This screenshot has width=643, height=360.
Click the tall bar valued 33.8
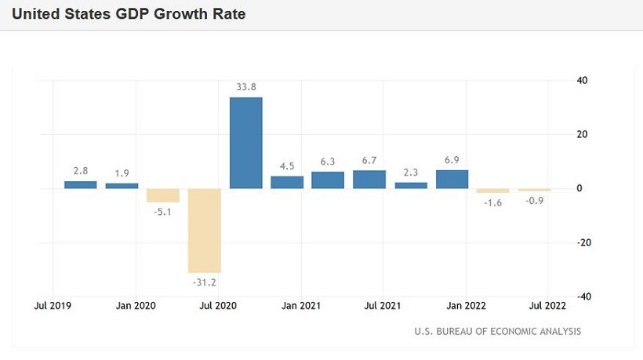[x=245, y=143]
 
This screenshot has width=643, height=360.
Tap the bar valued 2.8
[x=80, y=184]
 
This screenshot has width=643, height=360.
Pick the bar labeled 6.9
[x=452, y=179]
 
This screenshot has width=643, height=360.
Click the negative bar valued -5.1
[x=163, y=195]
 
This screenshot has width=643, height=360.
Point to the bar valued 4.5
[x=287, y=182]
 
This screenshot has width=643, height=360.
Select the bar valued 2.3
[x=411, y=185]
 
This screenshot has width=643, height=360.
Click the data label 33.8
[x=246, y=87]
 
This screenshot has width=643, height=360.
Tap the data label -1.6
[x=492, y=203]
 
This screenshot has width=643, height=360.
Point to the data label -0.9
[x=535, y=202]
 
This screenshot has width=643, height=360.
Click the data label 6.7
[x=370, y=160]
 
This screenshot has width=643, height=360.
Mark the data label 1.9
[x=122, y=173]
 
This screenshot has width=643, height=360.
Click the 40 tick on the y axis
[x=583, y=80]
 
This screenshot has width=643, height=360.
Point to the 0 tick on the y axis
[x=579, y=188]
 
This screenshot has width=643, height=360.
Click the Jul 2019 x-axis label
[x=53, y=306]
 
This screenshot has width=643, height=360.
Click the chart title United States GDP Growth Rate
[x=129, y=14]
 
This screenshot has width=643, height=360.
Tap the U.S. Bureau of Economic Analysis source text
[x=498, y=332]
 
